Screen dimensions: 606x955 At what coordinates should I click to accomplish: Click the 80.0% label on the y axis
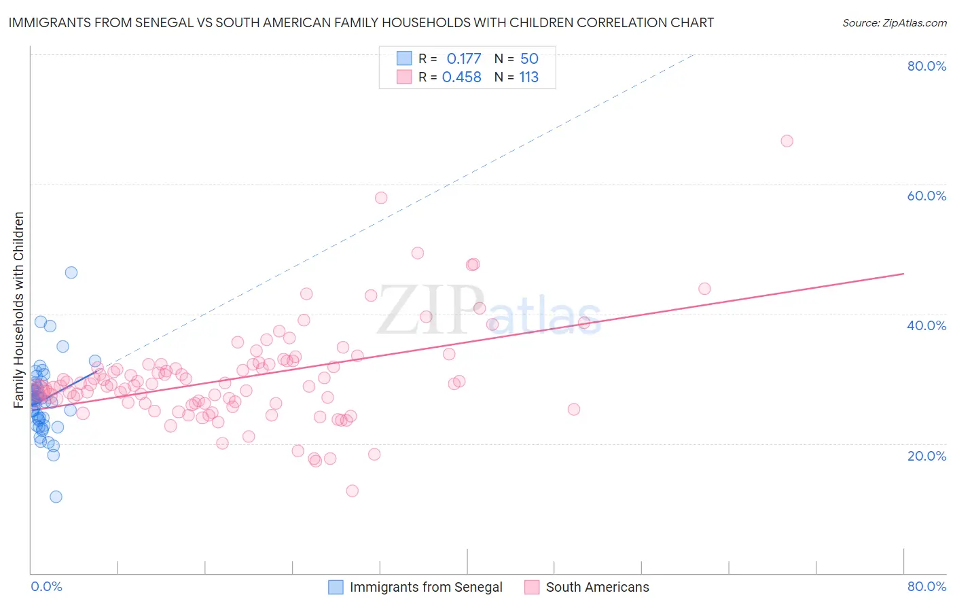[x=926, y=66]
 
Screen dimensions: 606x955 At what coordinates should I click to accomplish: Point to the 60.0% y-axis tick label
[x=926, y=196]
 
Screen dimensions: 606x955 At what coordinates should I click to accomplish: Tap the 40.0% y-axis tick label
[x=926, y=325]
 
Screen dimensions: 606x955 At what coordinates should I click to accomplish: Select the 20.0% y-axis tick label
[x=926, y=456]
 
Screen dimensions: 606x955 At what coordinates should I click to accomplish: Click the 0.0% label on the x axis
[x=46, y=586]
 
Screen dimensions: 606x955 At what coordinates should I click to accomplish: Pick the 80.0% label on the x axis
[x=926, y=586]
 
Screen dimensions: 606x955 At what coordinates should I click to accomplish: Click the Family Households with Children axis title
[x=19, y=310]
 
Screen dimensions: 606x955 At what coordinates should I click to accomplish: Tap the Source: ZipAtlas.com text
[x=894, y=23]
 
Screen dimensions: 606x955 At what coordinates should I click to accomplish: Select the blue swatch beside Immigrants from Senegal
[x=336, y=587]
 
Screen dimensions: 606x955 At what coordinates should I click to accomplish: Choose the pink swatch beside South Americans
[x=532, y=587]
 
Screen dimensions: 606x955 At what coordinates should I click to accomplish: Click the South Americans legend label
[x=597, y=587]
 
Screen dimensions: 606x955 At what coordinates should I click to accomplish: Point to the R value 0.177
[x=463, y=59]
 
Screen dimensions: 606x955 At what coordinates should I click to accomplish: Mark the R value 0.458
[x=462, y=77]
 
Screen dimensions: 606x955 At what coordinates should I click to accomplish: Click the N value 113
[x=528, y=77]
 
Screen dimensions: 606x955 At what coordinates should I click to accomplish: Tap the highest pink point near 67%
[x=787, y=141]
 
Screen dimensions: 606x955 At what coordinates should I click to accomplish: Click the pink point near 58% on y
[x=381, y=198]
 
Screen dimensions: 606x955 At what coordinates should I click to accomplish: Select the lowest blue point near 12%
[x=56, y=497]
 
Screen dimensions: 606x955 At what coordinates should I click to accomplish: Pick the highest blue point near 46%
[x=71, y=272]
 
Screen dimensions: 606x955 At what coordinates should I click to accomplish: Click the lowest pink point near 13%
[x=352, y=491]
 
